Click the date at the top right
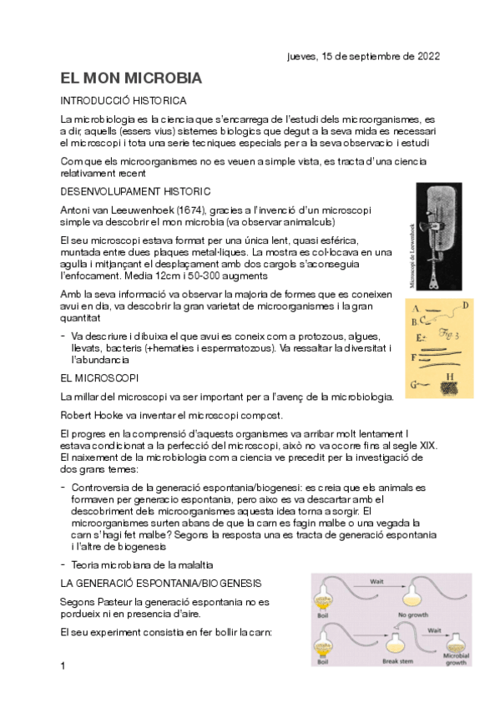(x=363, y=57)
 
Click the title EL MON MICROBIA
(x=131, y=79)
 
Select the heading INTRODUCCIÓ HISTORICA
(x=129, y=100)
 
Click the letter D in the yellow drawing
(x=464, y=305)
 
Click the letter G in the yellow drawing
(x=414, y=384)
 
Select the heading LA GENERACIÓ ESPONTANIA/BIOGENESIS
(x=161, y=582)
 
